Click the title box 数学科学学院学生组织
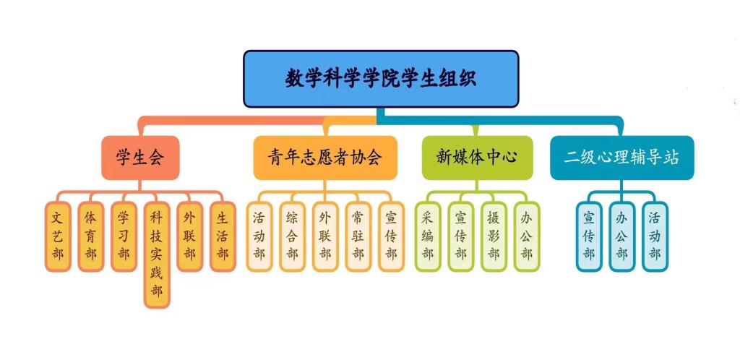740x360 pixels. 381,78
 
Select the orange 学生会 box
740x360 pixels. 140,158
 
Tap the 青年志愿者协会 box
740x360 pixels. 324,158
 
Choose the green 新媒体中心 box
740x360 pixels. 477,158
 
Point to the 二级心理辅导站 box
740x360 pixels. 621,158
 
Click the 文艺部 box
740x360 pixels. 58,236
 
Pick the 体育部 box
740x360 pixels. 90,236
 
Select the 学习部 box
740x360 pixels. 124,236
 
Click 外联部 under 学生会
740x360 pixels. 189,236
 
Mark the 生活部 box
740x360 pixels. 223,236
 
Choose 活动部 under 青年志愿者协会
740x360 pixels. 259,236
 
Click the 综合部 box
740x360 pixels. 292,236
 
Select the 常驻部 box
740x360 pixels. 358,236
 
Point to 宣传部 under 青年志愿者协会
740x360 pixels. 391,236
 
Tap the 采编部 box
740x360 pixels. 427,236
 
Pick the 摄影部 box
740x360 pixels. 494,236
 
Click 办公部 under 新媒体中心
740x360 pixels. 527,236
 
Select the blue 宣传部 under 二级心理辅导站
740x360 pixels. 588,236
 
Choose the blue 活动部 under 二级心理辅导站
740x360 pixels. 655,236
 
